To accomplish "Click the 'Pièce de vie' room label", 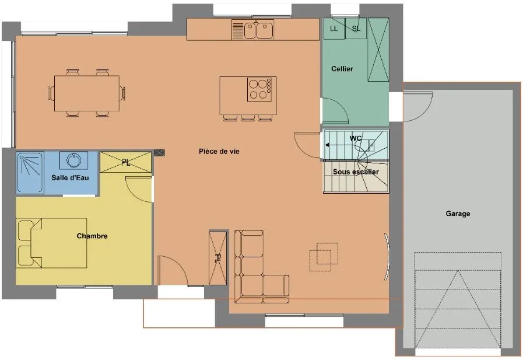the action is pyautogui.click(x=219, y=152).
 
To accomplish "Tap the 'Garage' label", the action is pyautogui.click(x=458, y=214).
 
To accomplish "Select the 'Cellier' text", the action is pyautogui.click(x=342, y=69).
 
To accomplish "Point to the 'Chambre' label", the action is pyautogui.click(x=92, y=236).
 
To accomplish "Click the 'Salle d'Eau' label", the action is pyautogui.click(x=70, y=177).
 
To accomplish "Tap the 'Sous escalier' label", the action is pyautogui.click(x=356, y=172).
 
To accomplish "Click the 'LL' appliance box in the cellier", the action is pyautogui.click(x=334, y=29).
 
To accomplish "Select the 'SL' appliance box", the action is pyautogui.click(x=356, y=29).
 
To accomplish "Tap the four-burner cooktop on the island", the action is pyautogui.click(x=261, y=89).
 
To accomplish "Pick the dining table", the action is pyautogui.click(x=87, y=93).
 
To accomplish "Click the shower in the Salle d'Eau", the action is pyautogui.click(x=30, y=173).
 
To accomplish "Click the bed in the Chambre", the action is pyautogui.click(x=52, y=243).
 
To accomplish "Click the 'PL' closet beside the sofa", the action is pyautogui.click(x=217, y=258).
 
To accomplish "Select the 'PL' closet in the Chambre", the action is pyautogui.click(x=126, y=162).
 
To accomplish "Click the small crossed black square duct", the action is pyautogui.click(x=159, y=153).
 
